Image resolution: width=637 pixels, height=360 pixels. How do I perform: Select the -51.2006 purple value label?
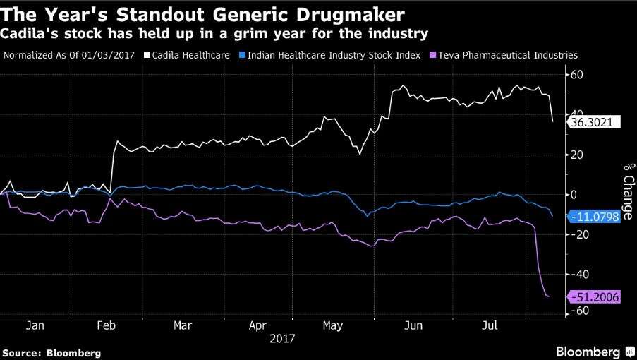(x=595, y=297)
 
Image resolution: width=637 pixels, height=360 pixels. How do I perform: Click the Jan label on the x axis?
(x=35, y=326)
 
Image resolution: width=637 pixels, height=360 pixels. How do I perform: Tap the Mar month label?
(x=183, y=326)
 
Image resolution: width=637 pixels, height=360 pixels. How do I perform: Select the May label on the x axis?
(x=330, y=326)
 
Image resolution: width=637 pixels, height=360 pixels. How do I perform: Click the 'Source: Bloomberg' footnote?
(x=51, y=352)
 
